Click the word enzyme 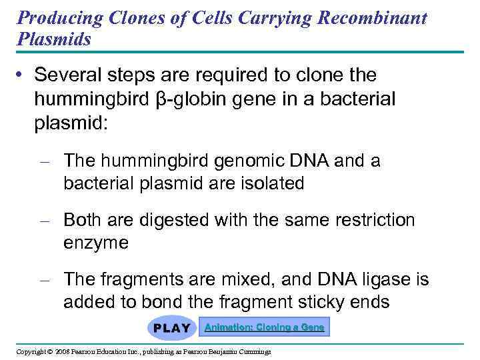coord(95,242)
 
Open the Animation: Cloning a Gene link coord(265,327)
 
